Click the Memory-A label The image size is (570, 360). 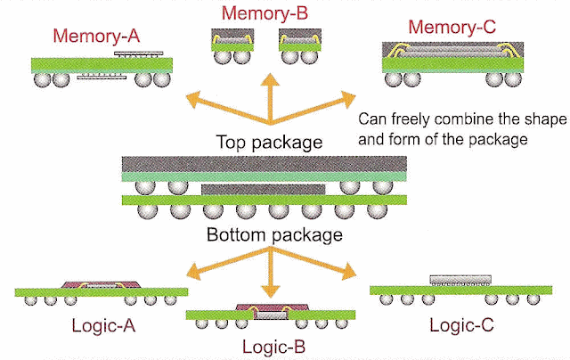96,36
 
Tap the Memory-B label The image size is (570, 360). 265,13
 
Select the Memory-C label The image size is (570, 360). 452,28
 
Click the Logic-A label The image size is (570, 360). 103,325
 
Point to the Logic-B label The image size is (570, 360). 273,347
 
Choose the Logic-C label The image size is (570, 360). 461,325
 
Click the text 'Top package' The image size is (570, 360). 269,142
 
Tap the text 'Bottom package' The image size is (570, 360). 274,234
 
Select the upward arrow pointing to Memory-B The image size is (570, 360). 270,98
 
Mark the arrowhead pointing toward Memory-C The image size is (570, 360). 347,99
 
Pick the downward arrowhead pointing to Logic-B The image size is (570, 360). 270,290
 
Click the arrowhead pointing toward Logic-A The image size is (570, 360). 193,272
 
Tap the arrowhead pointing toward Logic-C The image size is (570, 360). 348,271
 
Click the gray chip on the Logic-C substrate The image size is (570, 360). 460,280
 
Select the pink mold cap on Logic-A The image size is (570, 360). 101,284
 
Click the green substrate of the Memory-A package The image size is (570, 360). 102,65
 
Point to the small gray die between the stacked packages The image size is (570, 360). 264,190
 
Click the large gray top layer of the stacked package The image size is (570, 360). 265,164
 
